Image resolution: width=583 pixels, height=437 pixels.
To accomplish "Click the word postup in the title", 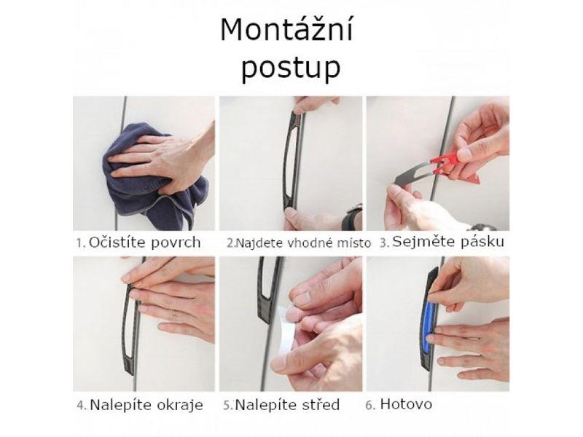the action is coord(291,68).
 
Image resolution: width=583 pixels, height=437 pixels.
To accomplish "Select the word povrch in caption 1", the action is coord(176,243).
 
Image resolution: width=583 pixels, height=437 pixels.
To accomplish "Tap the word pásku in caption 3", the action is coord(482,242).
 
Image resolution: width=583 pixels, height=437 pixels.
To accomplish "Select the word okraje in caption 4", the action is coord(180,405).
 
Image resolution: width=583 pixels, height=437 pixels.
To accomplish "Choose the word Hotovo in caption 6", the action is coord(406,404).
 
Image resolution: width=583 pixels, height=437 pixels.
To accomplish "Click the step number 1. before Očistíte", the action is coord(82,243).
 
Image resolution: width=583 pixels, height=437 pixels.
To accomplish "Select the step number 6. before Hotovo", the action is coord(370,405).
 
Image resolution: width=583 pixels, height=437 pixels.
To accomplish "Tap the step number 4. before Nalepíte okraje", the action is coord(82,406).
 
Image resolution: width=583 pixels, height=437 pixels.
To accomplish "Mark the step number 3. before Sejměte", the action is coord(385,243).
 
